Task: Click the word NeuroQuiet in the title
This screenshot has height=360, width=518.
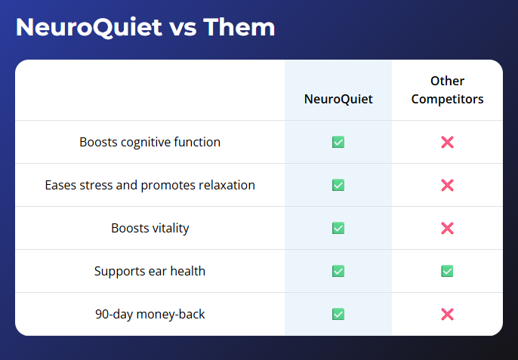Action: coord(88,27)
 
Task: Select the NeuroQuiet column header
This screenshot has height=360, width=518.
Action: coord(338,99)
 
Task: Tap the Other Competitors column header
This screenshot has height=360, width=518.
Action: coord(447,90)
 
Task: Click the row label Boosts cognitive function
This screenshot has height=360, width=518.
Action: coord(150,142)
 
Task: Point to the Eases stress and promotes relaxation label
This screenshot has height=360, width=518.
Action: coord(150,185)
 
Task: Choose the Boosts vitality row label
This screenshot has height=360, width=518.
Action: coord(150,228)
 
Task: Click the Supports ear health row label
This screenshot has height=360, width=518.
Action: coord(150,271)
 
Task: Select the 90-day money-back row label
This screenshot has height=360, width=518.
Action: coord(150,314)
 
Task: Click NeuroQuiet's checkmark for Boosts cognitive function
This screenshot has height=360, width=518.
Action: coord(338,142)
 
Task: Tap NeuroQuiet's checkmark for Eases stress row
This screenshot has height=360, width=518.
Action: coord(338,185)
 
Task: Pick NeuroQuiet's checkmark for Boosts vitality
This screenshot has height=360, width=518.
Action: coord(338,228)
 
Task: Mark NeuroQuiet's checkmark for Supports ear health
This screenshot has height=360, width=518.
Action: coord(338,271)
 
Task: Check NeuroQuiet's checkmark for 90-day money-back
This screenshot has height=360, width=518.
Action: coord(338,314)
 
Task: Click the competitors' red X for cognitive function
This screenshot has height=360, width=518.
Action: coord(447,142)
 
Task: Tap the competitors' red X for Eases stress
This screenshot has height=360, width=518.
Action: coord(447,185)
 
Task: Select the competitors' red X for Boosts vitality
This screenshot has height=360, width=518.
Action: coord(447,228)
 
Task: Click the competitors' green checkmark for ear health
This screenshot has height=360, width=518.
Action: coord(447,271)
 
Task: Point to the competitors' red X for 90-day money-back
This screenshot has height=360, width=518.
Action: coord(447,314)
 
